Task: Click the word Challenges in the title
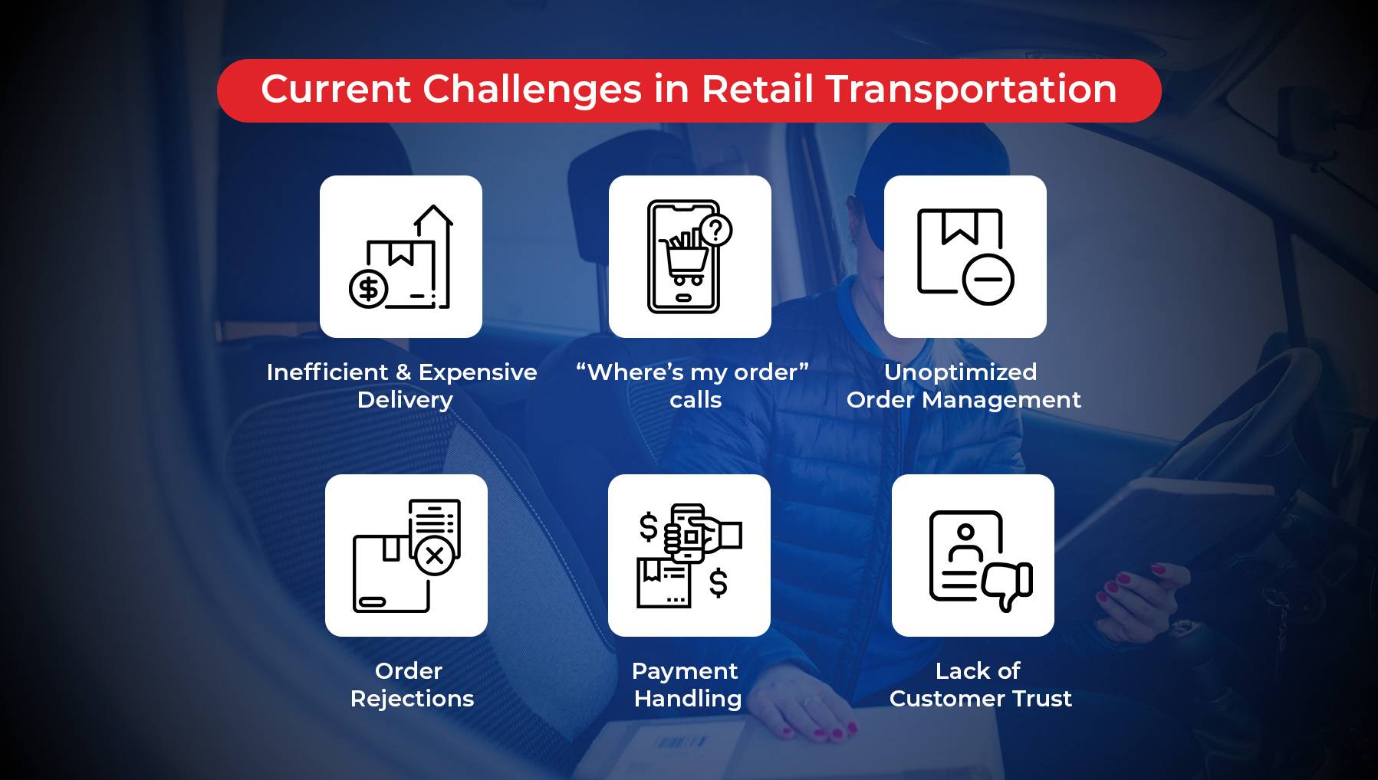click(531, 90)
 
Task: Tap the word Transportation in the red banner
click(971, 89)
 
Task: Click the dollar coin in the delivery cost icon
click(369, 289)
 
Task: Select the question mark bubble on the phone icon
click(716, 229)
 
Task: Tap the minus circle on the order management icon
click(988, 279)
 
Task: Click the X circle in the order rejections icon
click(435, 556)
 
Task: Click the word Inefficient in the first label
click(327, 372)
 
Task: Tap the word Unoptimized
click(960, 373)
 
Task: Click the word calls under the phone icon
click(696, 400)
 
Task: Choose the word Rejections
click(412, 699)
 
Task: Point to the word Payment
click(685, 672)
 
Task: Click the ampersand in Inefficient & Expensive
click(403, 372)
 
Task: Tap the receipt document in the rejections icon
click(435, 523)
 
